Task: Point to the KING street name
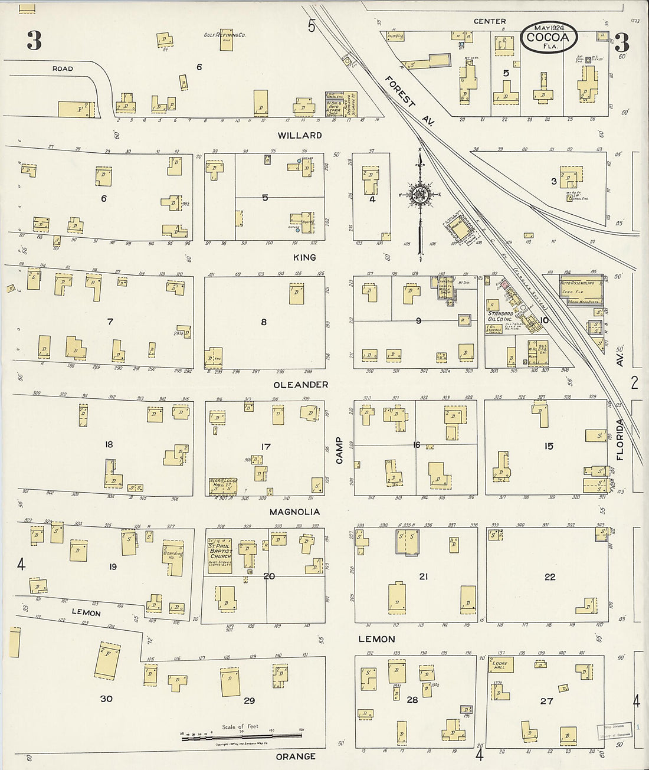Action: click(x=304, y=257)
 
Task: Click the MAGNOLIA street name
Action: click(x=294, y=512)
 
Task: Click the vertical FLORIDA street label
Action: click(x=620, y=440)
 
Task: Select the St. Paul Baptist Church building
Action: click(x=219, y=555)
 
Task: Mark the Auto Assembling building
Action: click(x=581, y=291)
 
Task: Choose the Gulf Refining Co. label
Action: click(x=225, y=35)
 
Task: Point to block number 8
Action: click(x=264, y=322)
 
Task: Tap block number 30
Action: click(x=106, y=699)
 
